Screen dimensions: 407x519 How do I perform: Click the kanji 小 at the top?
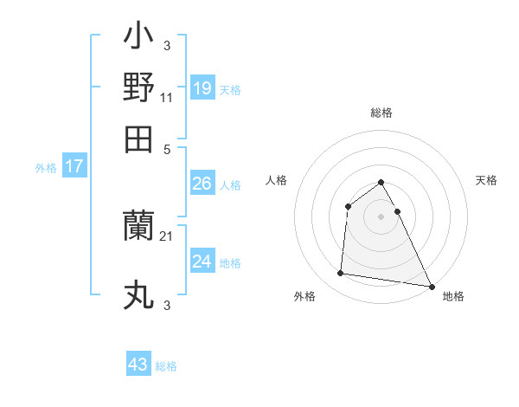pos(139,39)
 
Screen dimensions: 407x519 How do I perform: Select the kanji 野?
pos(139,88)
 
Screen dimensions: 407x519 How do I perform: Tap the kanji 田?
pos(139,139)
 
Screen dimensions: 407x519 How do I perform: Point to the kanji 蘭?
pos(139,227)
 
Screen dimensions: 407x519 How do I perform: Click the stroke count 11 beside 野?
pos(167,98)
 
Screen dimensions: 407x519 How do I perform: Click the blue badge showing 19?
pos(202,88)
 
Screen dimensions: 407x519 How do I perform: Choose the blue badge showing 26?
pos(202,184)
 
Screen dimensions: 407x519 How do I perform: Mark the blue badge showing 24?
pos(202,262)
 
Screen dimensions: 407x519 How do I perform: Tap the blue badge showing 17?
pos(74,167)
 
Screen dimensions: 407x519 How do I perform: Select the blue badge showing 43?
pos(138,365)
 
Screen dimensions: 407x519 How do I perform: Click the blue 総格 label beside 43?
pos(166,366)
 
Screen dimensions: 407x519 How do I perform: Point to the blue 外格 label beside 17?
pos(45,168)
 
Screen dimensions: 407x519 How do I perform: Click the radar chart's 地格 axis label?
pos(453,296)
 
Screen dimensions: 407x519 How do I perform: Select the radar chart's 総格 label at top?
pos(381,113)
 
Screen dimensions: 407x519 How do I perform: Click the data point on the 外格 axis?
pos(341,274)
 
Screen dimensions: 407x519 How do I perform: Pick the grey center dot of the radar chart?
pos(381,216)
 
